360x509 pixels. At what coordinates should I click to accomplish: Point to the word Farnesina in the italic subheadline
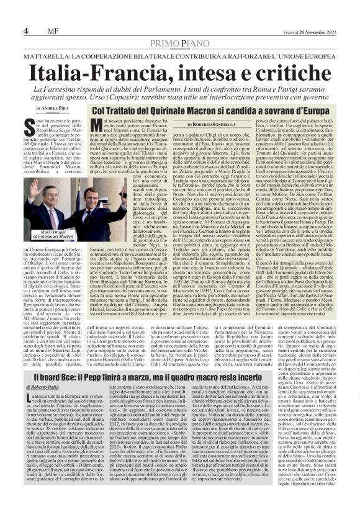coord(82,89)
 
